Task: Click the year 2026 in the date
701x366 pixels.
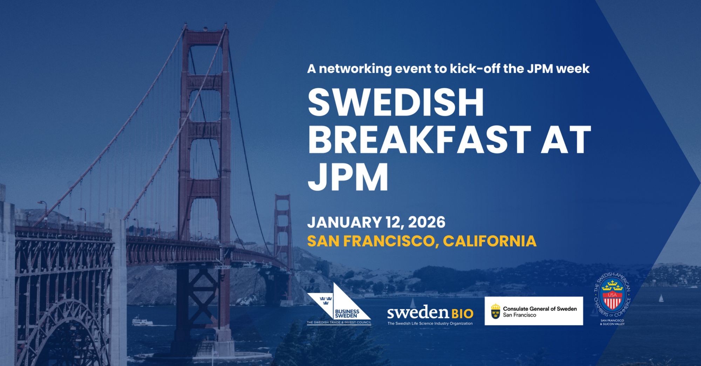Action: pyautogui.click(x=427, y=222)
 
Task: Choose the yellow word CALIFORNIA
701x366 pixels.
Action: pyautogui.click(x=490, y=241)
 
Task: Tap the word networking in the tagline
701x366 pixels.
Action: pyautogui.click(x=355, y=69)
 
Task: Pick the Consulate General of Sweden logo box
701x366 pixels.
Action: pyautogui.click(x=534, y=311)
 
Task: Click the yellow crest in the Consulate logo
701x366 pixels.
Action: pyautogui.click(x=495, y=311)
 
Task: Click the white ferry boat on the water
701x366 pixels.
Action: pyautogui.click(x=142, y=321)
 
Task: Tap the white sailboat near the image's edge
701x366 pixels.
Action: pyautogui.click(x=661, y=298)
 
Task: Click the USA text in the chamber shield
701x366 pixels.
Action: pyautogui.click(x=612, y=295)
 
